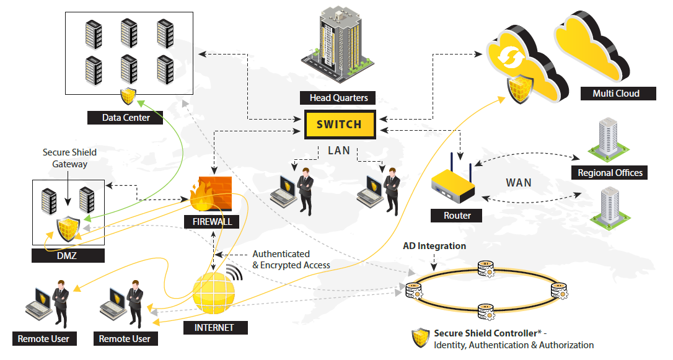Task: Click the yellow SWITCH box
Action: pyautogui.click(x=339, y=124)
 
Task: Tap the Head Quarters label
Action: pyautogui.click(x=338, y=98)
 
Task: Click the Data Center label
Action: pyautogui.click(x=126, y=117)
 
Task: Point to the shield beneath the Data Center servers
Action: pyautogui.click(x=128, y=96)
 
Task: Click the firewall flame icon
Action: pyautogui.click(x=210, y=195)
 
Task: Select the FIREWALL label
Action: pyautogui.click(x=211, y=221)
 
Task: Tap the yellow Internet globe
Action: pyautogui.click(x=214, y=291)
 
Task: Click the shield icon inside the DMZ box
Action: pyautogui.click(x=69, y=230)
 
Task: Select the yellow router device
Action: pyautogui.click(x=453, y=185)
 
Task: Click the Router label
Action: pyautogui.click(x=457, y=216)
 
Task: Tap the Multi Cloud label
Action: pyautogui.click(x=616, y=94)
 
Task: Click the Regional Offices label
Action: pyautogui.click(x=610, y=173)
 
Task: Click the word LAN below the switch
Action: pyautogui.click(x=338, y=151)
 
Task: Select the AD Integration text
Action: pyautogui.click(x=434, y=246)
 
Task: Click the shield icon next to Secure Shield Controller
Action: pyautogui.click(x=421, y=338)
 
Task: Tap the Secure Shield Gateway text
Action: pyautogui.click(x=69, y=158)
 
